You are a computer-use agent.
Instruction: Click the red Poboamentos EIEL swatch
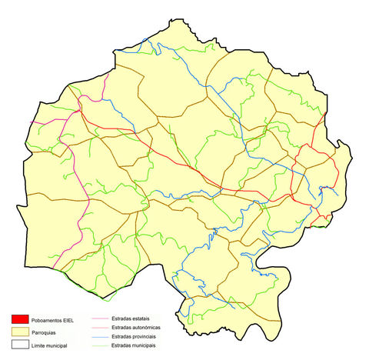[x=19, y=319]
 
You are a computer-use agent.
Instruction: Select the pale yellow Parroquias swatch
[x=19, y=332]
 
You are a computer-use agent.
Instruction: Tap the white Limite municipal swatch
[x=19, y=345]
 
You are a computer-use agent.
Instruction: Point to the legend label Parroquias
[x=46, y=332]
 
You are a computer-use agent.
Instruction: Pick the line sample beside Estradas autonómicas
[x=99, y=327]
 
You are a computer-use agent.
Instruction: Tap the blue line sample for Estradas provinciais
[x=99, y=336]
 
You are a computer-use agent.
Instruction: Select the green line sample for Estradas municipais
[x=99, y=345]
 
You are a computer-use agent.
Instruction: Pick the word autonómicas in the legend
[x=151, y=327]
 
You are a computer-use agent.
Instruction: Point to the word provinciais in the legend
[x=151, y=336]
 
